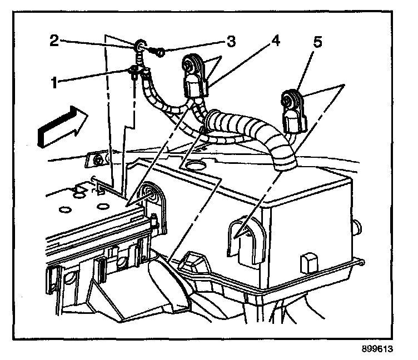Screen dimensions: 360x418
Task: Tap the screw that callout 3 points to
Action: pos(158,52)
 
